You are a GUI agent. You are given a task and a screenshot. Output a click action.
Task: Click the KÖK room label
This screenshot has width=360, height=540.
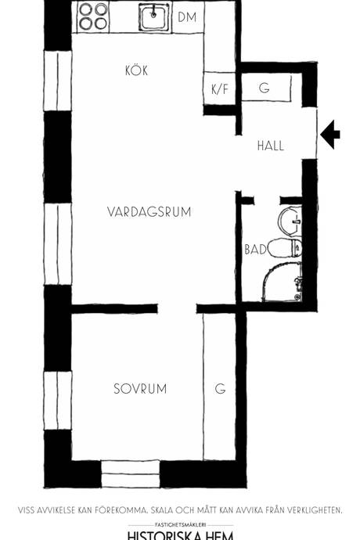pyautogui.click(x=136, y=70)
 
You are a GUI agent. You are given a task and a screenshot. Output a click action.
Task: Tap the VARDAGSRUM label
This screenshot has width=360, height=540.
pyautogui.click(x=149, y=211)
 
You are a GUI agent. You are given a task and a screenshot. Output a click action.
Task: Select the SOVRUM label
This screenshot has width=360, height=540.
pyautogui.click(x=140, y=389)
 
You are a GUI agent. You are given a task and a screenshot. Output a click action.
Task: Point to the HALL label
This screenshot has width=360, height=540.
pyautogui.click(x=271, y=146)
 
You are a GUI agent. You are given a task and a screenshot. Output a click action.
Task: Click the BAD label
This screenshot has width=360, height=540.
pyautogui.click(x=255, y=250)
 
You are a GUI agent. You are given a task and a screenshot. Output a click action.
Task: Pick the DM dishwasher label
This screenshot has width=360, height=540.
pyautogui.click(x=187, y=17)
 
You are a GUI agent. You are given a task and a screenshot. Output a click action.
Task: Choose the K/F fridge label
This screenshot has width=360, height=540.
pyautogui.click(x=220, y=89)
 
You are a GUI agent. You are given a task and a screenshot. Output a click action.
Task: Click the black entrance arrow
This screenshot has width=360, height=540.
pyautogui.click(x=330, y=135)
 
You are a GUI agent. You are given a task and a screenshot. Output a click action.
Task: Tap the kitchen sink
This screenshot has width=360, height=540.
pyautogui.click(x=155, y=17)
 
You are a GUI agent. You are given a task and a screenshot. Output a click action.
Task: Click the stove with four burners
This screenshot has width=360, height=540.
pyautogui.click(x=93, y=17)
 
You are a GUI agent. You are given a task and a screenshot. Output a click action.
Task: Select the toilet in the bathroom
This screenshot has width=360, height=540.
pyautogui.click(x=285, y=247)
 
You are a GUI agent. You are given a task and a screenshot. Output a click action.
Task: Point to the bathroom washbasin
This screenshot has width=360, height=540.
pyautogui.click(x=290, y=221)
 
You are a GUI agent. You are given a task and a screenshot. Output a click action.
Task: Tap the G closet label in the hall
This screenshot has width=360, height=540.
pyautogui.click(x=265, y=88)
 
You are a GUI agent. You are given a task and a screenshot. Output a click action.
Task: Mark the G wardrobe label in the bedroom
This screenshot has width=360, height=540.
pyautogui.click(x=221, y=388)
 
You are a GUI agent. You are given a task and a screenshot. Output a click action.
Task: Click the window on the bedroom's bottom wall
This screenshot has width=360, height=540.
pyautogui.click(x=131, y=474)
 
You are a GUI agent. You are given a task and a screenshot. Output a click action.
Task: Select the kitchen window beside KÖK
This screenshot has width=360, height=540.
pyautogui.click(x=58, y=81)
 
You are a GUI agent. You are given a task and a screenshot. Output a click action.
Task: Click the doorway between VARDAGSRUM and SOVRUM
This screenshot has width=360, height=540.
pyautogui.click(x=177, y=308)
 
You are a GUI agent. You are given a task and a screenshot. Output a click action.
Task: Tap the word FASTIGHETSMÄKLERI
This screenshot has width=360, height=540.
pyautogui.click(x=180, y=525)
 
